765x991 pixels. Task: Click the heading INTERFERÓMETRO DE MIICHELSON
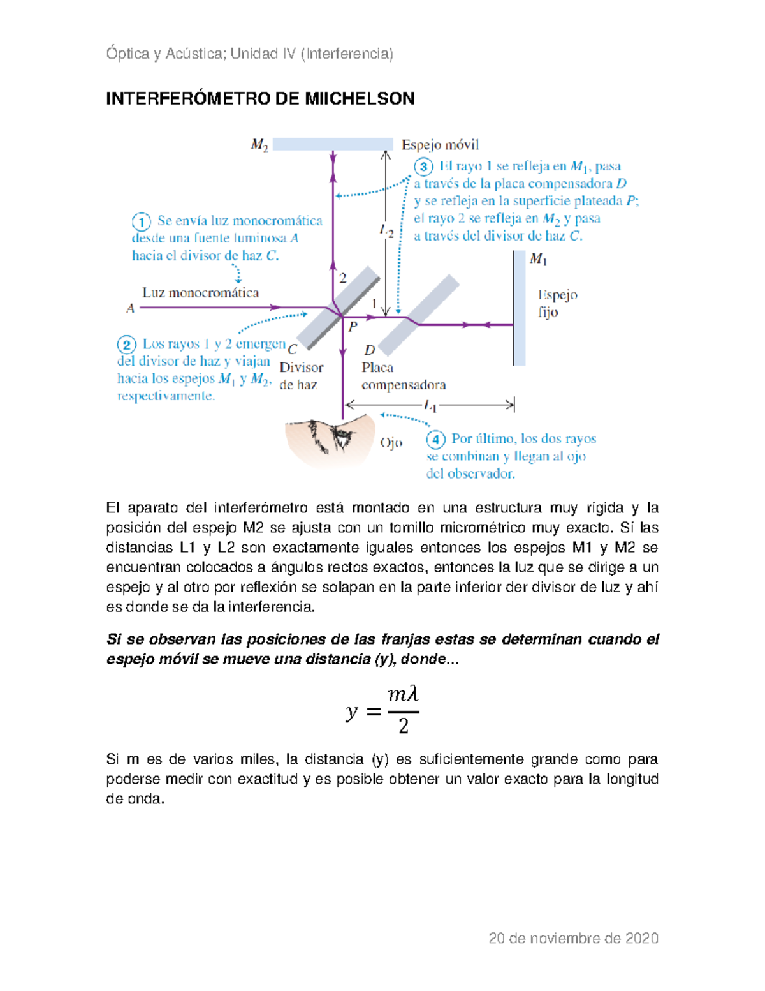(260, 98)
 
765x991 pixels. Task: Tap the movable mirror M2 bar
(332, 144)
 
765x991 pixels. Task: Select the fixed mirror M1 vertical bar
(519, 308)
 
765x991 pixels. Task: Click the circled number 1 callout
(141, 221)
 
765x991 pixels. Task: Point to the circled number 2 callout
(126, 345)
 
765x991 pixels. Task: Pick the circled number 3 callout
(423, 167)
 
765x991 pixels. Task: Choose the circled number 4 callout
(435, 440)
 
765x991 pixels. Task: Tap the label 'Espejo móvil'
(440, 145)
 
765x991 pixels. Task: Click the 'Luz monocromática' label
(200, 293)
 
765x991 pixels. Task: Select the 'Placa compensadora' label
(403, 376)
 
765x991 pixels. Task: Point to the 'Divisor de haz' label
(301, 376)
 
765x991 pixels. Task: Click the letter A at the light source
(131, 309)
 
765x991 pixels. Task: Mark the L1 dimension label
(430, 405)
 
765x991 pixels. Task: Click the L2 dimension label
(387, 231)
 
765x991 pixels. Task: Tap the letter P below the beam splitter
(353, 327)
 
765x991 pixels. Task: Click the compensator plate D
(419, 314)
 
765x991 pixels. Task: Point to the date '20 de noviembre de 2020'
(573, 938)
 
